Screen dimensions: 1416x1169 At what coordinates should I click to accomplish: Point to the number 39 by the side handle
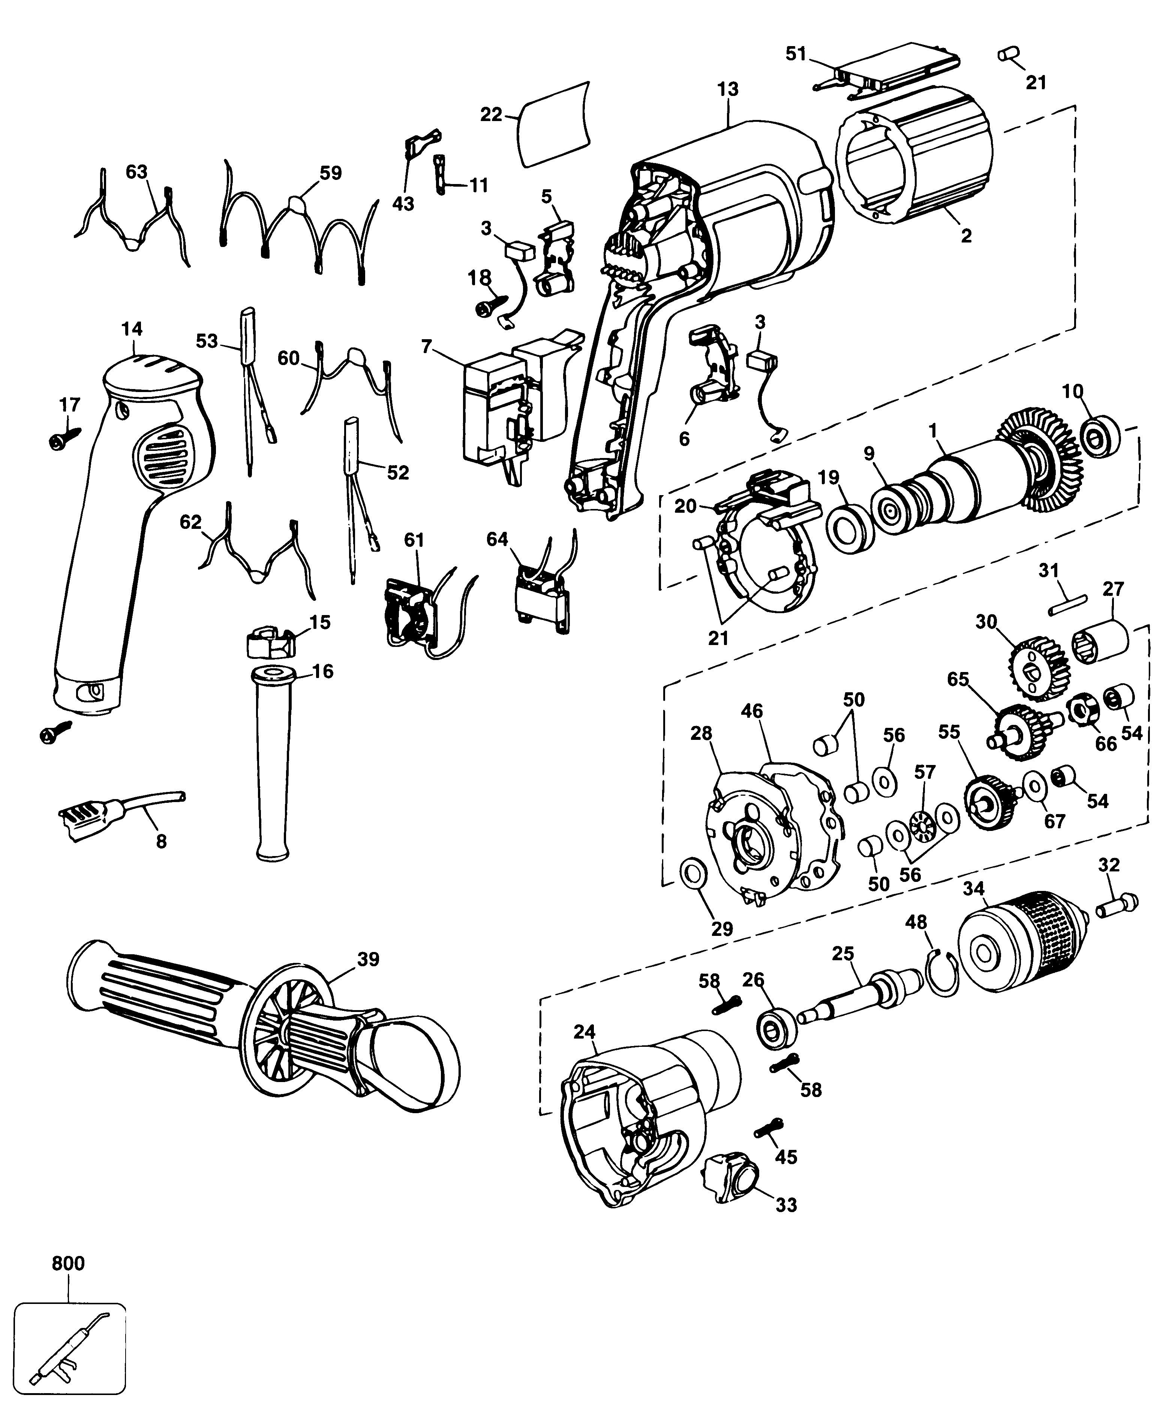pyautogui.click(x=368, y=959)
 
